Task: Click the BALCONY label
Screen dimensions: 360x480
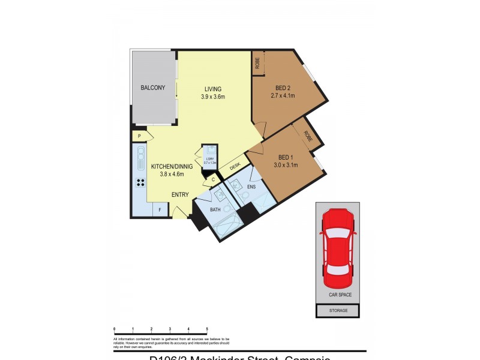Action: point(153,88)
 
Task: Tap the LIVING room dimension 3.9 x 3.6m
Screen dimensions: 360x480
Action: point(213,97)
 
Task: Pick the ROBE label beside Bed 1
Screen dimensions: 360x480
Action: point(308,136)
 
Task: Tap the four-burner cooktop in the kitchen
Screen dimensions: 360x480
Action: point(141,183)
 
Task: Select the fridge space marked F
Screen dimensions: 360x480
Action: point(160,210)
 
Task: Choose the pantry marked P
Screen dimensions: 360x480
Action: point(139,137)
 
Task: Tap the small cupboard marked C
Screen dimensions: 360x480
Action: point(212,179)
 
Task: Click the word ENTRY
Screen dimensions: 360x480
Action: point(180,194)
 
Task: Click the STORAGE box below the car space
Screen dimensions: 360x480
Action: point(337,311)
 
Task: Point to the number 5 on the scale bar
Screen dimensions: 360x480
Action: point(207,329)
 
